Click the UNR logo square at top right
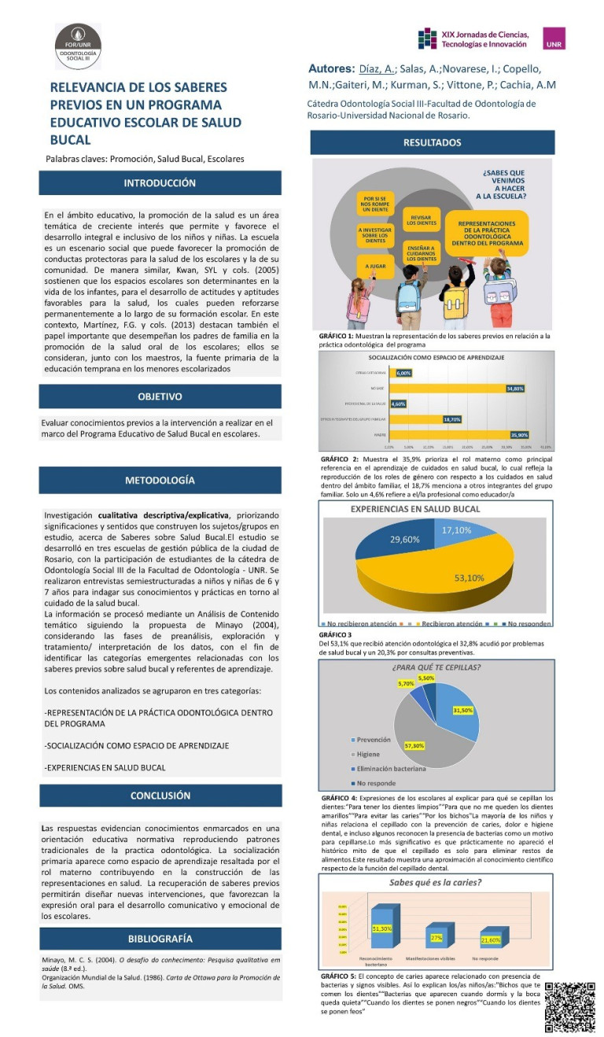click(554, 39)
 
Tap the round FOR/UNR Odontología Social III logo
click(77, 46)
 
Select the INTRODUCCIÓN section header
click(160, 183)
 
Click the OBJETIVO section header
click(160, 397)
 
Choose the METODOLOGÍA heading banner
click(160, 480)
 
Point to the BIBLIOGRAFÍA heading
click(160, 939)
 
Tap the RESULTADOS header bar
click(432, 143)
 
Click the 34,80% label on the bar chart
click(515, 389)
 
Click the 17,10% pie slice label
click(456, 531)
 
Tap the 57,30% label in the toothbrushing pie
click(414, 745)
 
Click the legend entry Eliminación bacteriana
click(391, 769)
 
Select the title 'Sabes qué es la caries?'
click(436, 883)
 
